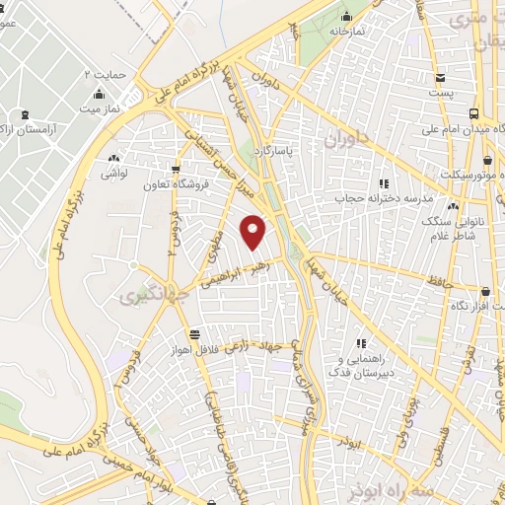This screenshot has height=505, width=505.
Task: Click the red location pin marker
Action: coord(253,232)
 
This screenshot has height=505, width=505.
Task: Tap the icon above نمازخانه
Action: coord(346,16)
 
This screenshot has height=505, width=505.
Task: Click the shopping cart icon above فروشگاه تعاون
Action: coord(177,169)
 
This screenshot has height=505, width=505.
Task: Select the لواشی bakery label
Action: coord(113,173)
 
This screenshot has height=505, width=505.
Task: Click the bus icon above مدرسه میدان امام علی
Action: coord(475,114)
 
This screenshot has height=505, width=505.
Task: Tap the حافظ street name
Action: coord(441,283)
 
